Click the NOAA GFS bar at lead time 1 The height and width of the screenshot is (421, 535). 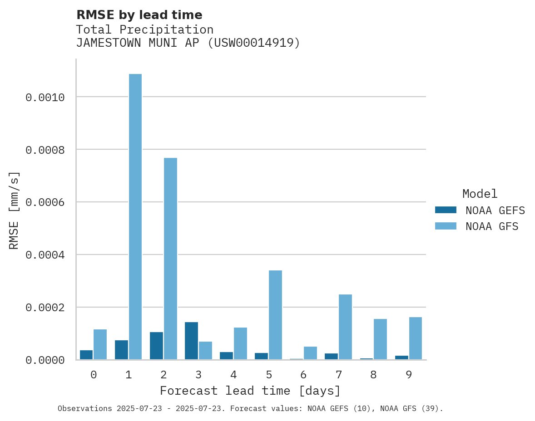[x=135, y=217]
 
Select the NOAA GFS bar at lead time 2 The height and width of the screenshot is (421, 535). [x=170, y=259]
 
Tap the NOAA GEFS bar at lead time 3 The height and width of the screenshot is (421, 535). [x=191, y=341]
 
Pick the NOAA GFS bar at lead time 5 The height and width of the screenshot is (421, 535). [x=275, y=315]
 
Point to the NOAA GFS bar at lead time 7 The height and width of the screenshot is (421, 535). [x=345, y=327]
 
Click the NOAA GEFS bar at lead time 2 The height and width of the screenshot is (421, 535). [x=156, y=346]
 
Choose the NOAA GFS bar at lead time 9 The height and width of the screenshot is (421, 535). [x=416, y=338]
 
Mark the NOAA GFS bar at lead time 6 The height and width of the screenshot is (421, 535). [x=310, y=353]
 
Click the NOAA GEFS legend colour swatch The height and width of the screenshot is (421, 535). [x=445, y=210]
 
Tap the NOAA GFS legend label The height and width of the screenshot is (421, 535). [x=492, y=226]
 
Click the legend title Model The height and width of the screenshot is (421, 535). [x=480, y=194]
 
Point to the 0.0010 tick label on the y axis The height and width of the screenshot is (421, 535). [x=45, y=98]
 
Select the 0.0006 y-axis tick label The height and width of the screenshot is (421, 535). [x=45, y=202]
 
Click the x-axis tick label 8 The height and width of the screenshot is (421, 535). [x=374, y=375]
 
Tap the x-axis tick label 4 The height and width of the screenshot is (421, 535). [x=233, y=375]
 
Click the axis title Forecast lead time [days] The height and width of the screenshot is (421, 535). [x=250, y=391]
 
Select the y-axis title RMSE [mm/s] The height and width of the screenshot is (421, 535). [x=15, y=210]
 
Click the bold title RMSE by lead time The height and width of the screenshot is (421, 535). [x=139, y=15]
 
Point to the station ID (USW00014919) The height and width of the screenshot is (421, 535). [x=254, y=43]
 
